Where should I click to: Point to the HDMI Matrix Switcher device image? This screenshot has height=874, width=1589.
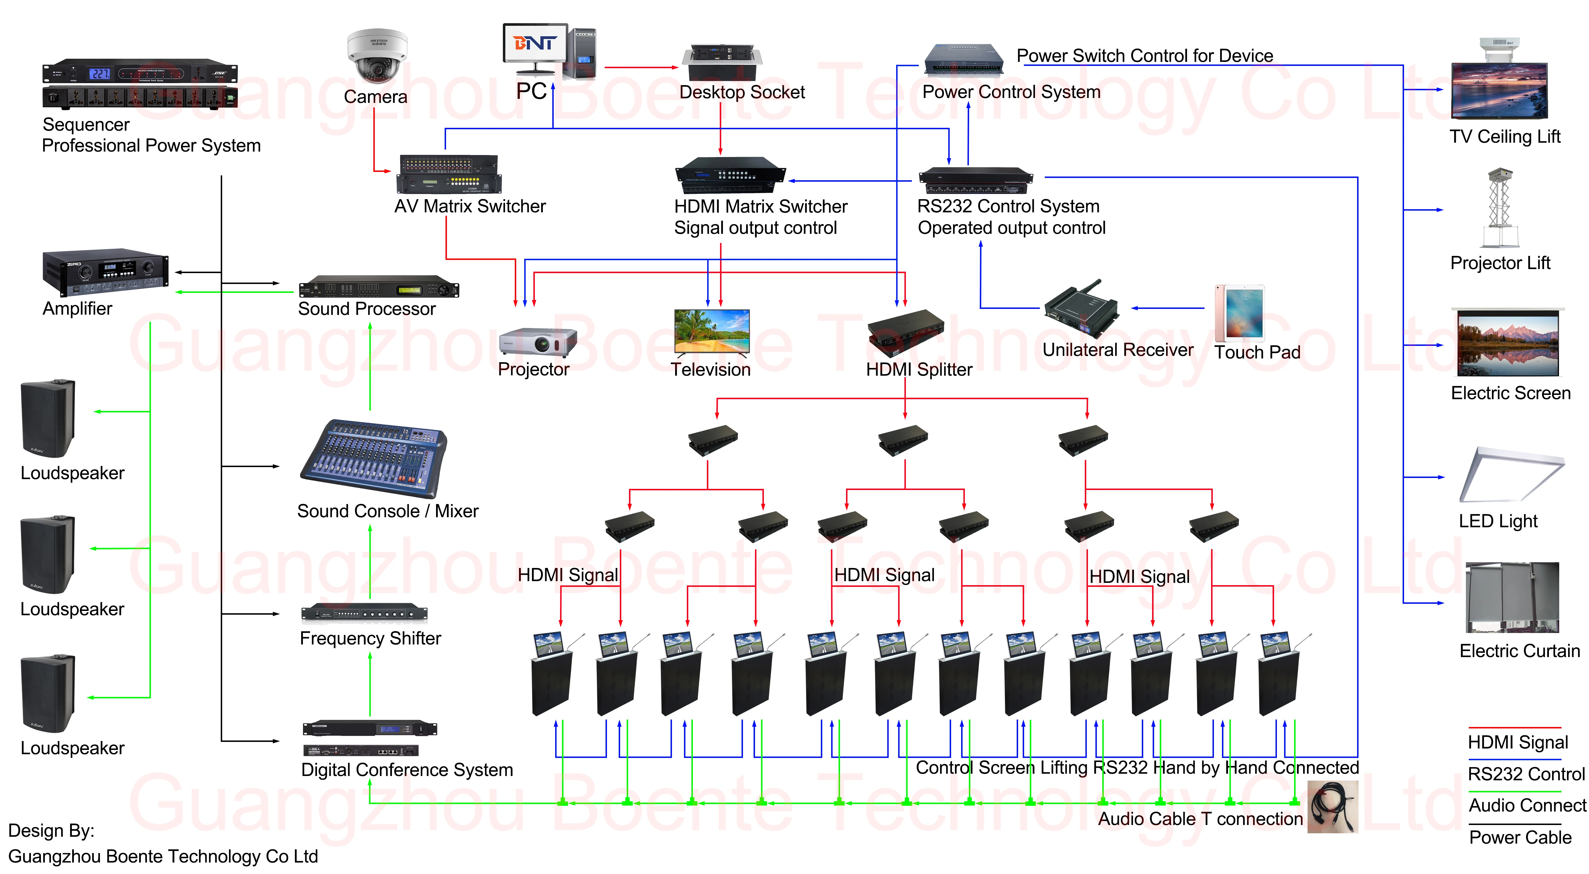click(730, 175)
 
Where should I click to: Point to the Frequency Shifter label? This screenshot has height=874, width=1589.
click(370, 638)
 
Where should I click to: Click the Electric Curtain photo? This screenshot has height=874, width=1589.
click(1513, 597)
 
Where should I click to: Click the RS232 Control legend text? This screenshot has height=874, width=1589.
click(1526, 774)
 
